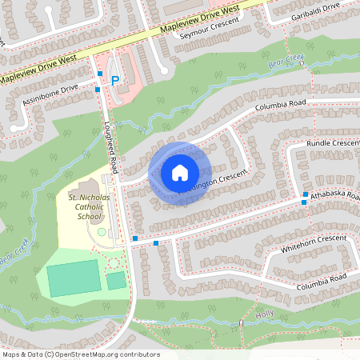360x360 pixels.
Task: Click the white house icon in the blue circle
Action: pos(179,172)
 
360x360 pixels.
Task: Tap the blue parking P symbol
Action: pos(114,80)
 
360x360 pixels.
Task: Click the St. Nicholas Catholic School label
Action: pos(85,206)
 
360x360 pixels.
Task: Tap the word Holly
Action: pos(264,314)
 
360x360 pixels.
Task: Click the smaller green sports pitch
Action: pos(117,280)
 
